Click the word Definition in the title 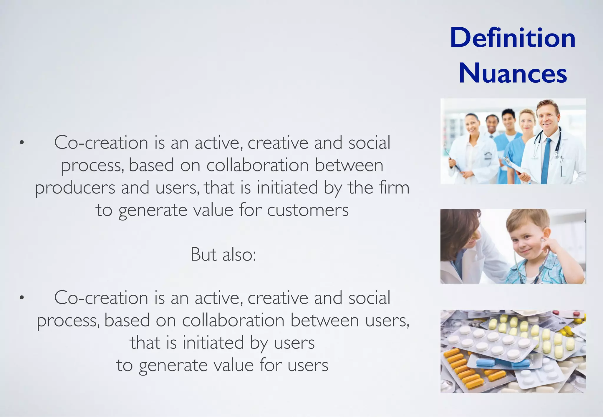(513, 38)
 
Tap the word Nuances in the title (513, 74)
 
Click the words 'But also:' (223, 254)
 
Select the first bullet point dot (21, 143)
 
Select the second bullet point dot (21, 298)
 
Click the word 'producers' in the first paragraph (75, 188)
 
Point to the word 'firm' (394, 188)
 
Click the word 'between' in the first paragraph (349, 165)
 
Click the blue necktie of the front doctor (546, 160)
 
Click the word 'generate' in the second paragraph (172, 366)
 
